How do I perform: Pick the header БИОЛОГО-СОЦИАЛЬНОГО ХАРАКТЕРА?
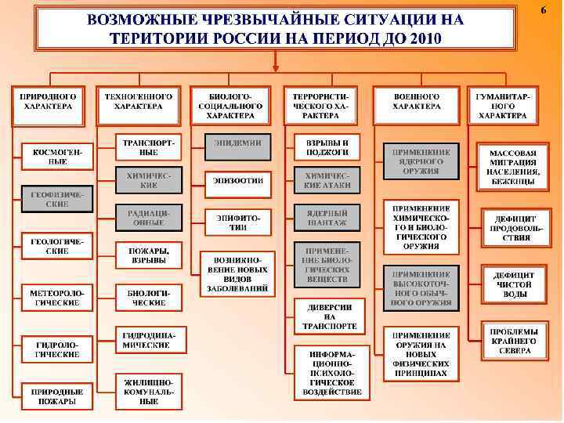click(x=230, y=104)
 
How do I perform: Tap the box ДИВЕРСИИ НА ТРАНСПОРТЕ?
click(x=328, y=315)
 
